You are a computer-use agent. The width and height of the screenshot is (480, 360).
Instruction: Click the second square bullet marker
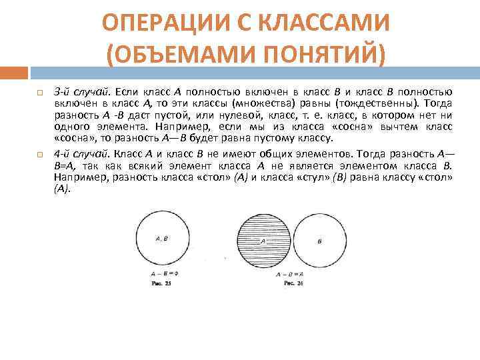(40, 154)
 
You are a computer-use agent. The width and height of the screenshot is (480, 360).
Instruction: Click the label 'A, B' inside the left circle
(160, 238)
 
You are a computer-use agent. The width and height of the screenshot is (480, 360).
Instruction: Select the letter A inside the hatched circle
(263, 241)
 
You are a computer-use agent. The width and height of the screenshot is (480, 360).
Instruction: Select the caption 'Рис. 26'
(293, 283)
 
